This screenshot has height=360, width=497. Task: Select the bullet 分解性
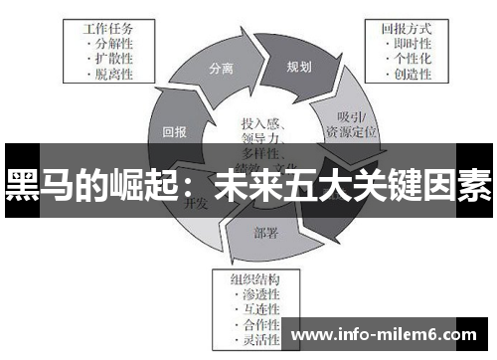(x=116, y=45)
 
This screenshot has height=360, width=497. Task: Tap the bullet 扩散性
(x=116, y=59)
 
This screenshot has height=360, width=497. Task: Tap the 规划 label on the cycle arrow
(x=298, y=68)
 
